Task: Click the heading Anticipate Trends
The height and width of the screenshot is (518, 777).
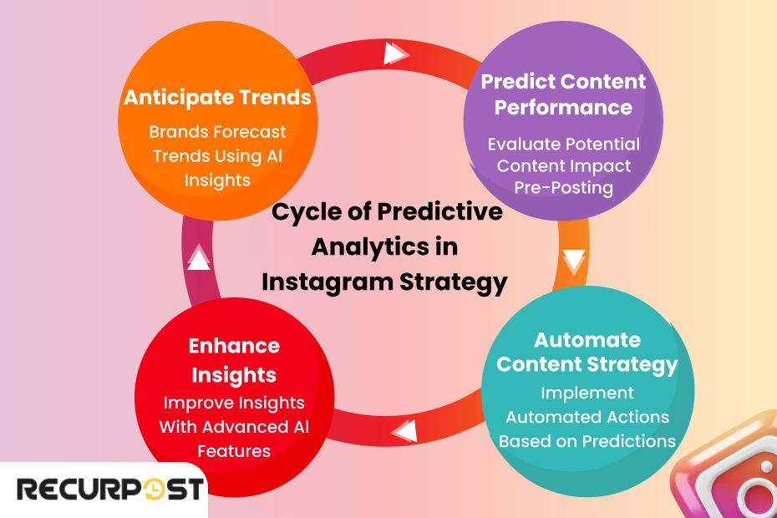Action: click(217, 98)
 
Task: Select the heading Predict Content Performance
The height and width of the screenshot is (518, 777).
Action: click(563, 94)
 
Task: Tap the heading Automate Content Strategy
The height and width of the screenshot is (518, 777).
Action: click(587, 353)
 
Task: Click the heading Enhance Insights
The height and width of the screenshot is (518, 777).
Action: click(234, 359)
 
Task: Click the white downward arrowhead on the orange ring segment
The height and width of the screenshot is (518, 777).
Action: click(574, 262)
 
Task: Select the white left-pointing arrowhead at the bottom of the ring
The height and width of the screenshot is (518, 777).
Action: click(404, 431)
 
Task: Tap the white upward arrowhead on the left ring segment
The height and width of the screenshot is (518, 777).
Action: click(199, 258)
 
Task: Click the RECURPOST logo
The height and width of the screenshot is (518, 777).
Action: click(110, 489)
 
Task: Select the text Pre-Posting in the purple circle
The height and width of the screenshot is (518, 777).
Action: click(563, 188)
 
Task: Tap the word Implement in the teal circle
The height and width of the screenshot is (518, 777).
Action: click(587, 393)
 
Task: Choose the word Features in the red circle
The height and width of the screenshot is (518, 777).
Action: click(234, 451)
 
